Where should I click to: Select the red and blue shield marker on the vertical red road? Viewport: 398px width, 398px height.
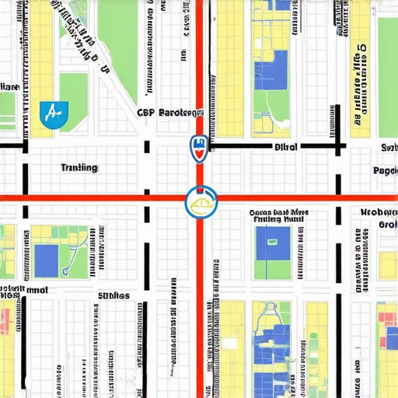coord(198,148)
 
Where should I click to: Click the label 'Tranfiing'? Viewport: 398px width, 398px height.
coord(79,167)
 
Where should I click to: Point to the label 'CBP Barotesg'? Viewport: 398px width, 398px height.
coord(170,112)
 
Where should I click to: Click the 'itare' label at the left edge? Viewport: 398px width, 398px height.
coord(9,86)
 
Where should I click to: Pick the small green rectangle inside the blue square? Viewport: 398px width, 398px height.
coord(271,243)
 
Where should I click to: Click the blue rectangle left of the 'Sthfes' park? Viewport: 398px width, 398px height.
coord(47,260)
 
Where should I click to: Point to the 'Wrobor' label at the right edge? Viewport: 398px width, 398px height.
coord(379,211)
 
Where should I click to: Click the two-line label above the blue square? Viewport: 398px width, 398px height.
coord(278,215)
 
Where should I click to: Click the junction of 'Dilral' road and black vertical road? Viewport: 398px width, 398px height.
coord(338,145)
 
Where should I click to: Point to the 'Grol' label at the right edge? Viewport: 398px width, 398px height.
coord(387,225)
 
